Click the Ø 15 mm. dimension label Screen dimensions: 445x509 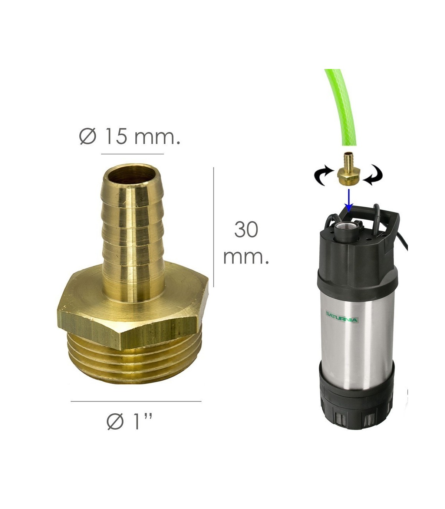(x=129, y=136)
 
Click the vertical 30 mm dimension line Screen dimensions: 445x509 (x=214, y=227)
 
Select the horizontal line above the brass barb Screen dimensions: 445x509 (x=132, y=154)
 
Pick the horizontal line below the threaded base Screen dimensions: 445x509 (x=136, y=401)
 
